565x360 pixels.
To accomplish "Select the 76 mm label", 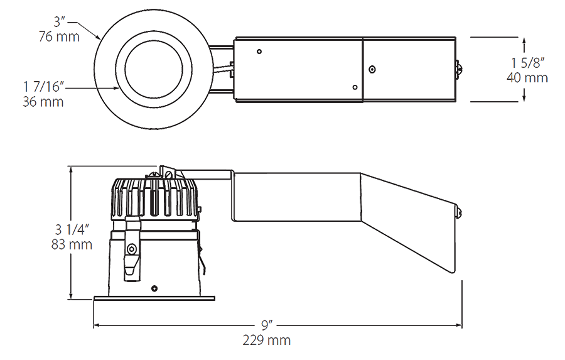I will click(59, 36).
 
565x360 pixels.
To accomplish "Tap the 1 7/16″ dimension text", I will click(45, 87).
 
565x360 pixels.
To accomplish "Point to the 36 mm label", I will click(43, 101).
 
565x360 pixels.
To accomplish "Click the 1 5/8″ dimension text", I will click(527, 63).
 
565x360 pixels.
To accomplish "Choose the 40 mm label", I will click(527, 78).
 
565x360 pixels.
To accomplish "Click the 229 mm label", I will click(267, 341).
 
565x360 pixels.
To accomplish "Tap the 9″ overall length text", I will click(267, 325).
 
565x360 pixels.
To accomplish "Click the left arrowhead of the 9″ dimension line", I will click(97, 325).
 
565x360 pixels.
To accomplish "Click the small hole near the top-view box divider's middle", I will click(372, 69).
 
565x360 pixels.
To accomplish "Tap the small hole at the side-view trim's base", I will click(154, 288).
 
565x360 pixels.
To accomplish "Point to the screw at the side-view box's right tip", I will click(459, 212).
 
